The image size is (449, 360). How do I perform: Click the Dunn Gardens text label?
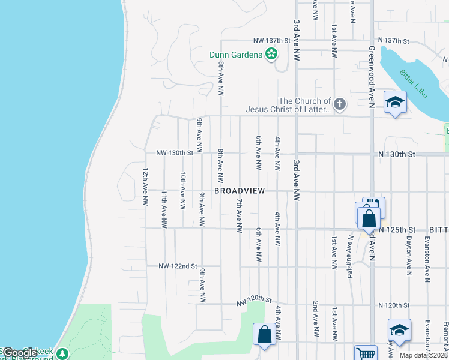235,55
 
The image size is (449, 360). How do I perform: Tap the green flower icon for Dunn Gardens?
271,55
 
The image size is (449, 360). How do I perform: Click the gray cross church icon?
339,105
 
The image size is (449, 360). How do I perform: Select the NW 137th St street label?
272,41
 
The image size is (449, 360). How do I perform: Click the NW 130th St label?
175,153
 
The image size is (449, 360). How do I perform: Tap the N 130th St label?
397,154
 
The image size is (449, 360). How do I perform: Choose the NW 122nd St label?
178,266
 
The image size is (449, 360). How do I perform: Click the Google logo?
20,353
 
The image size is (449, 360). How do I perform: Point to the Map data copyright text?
424,355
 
